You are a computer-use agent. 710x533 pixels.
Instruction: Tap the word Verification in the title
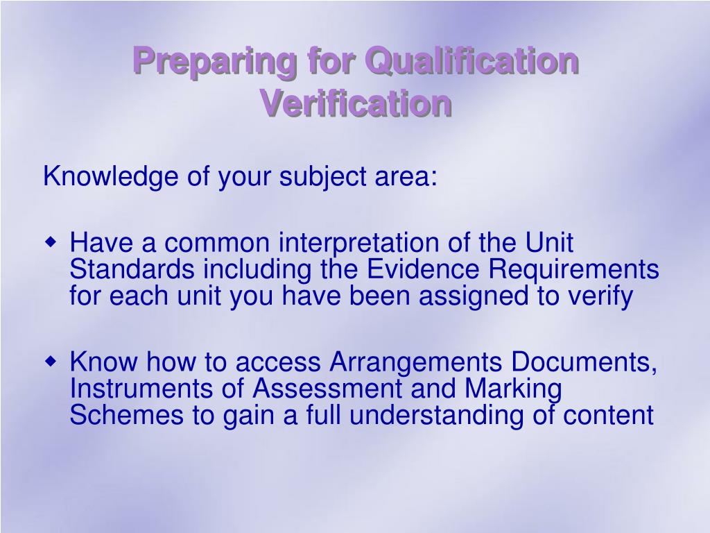coord(356,103)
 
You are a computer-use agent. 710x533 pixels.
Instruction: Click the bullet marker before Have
coord(51,244)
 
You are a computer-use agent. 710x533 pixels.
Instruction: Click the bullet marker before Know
coord(51,362)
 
